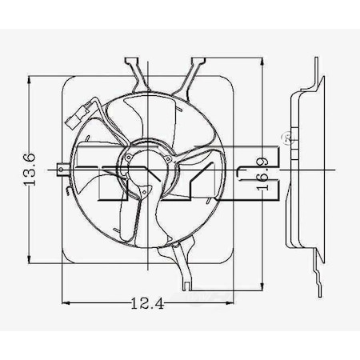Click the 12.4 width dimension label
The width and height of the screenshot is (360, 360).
(x=141, y=302)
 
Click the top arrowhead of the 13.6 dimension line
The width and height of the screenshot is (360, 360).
(x=30, y=79)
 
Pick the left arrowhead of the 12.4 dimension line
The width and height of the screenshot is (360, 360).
(x=66, y=302)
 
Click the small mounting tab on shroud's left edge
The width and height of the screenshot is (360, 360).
(x=62, y=169)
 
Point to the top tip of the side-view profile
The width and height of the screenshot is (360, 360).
(x=318, y=64)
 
